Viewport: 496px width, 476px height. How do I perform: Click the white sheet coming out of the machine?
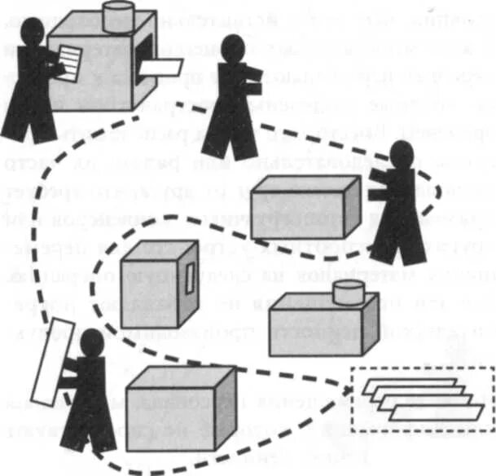click(x=161, y=71)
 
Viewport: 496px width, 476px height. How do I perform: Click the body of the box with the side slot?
click(x=151, y=281)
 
